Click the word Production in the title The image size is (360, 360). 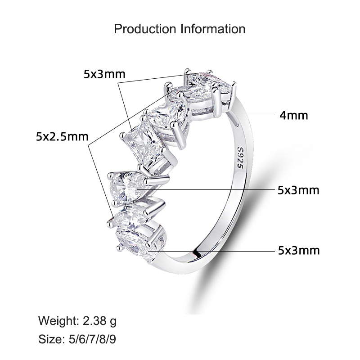coord(145,29)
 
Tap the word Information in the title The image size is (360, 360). coord(213,29)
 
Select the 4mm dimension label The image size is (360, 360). coord(294,115)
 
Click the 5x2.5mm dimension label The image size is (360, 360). coord(62,137)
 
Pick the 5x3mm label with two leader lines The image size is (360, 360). coord(104,74)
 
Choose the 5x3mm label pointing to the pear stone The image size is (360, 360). coord(298,190)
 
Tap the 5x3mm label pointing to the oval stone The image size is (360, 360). coord(299,251)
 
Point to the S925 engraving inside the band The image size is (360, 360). coord(240,157)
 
